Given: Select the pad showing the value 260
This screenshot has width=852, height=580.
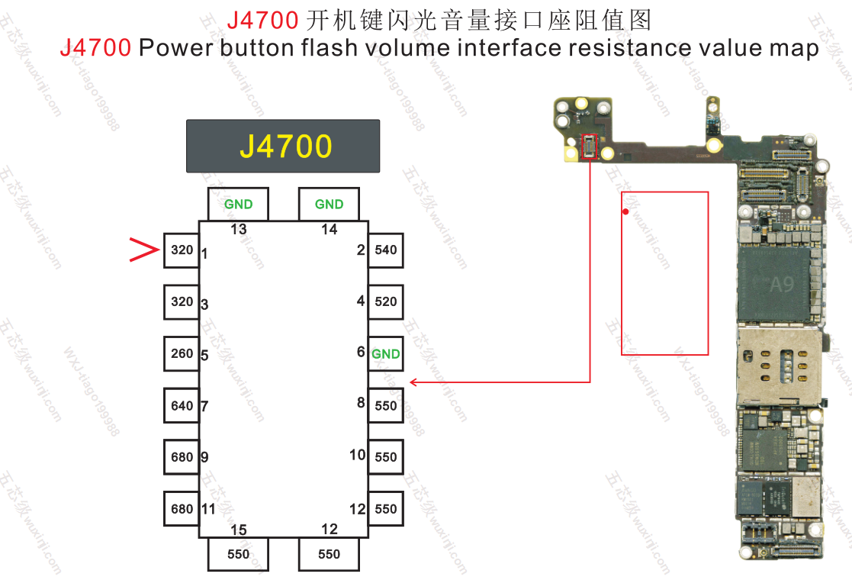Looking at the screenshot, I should point(182,354).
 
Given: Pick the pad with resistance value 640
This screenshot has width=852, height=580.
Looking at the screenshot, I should point(182,406).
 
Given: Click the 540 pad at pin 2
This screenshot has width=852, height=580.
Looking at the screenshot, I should point(386,250).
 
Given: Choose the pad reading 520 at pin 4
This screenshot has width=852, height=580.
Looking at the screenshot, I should point(386,302).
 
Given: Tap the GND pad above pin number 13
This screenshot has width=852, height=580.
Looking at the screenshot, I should point(238,205).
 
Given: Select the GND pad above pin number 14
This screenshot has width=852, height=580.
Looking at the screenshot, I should point(329,205).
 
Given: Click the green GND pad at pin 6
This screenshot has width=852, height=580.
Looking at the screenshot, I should point(386,354).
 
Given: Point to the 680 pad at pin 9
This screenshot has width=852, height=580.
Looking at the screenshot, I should point(182,458).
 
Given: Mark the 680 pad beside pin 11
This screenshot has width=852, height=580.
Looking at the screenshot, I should point(182,509).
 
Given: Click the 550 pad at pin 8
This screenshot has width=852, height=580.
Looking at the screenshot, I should point(386,406).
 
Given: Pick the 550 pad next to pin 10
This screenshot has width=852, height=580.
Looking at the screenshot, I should point(386,458).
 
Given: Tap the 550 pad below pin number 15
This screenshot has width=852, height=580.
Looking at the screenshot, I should point(238,554).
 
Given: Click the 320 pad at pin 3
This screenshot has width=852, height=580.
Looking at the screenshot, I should point(182,302).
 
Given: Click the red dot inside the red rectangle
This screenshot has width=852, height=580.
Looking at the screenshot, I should point(625,211).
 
